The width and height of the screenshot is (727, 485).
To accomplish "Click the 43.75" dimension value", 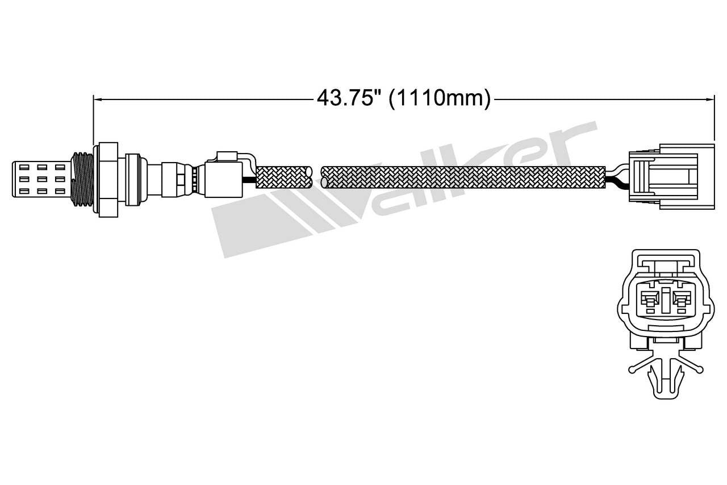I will point(348,98).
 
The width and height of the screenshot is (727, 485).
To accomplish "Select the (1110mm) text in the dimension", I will point(440,98).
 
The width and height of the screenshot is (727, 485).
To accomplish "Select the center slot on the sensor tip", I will point(43,179).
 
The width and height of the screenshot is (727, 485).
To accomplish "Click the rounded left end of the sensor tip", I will point(14,179).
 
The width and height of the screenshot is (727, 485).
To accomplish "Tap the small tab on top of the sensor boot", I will point(227,155).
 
